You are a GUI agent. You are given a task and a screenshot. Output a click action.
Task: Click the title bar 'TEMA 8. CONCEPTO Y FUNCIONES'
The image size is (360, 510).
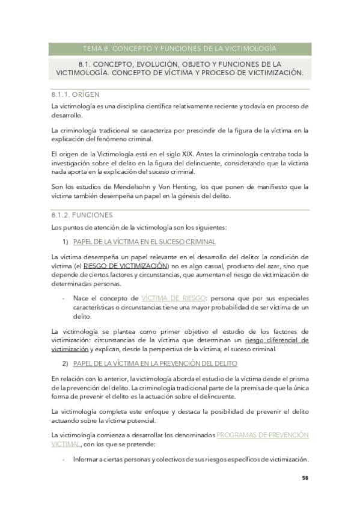coord(178,48)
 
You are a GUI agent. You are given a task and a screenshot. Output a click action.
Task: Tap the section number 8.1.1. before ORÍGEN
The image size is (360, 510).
coord(61,94)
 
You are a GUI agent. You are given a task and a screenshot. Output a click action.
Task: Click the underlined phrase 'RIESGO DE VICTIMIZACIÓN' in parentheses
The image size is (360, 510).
coord(126,265)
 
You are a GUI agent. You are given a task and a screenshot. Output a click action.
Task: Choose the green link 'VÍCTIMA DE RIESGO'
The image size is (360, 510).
coord(172,298)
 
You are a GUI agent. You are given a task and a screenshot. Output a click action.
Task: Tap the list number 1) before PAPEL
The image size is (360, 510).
coord(66,242)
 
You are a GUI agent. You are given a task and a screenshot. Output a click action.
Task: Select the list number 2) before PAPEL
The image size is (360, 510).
coord(66,363)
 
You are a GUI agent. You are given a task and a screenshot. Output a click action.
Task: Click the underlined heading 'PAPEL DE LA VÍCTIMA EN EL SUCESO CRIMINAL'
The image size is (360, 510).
coord(144,242)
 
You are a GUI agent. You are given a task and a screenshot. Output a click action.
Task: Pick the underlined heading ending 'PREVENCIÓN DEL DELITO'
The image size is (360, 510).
coord(155,363)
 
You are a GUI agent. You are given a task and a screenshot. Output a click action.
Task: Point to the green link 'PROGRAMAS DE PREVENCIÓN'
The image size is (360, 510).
coord(262,434)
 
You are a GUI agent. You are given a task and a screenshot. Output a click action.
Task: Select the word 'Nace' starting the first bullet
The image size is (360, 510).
coord(81,298)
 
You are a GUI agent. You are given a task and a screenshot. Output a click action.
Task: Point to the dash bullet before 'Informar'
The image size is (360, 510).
coord(64,459)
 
